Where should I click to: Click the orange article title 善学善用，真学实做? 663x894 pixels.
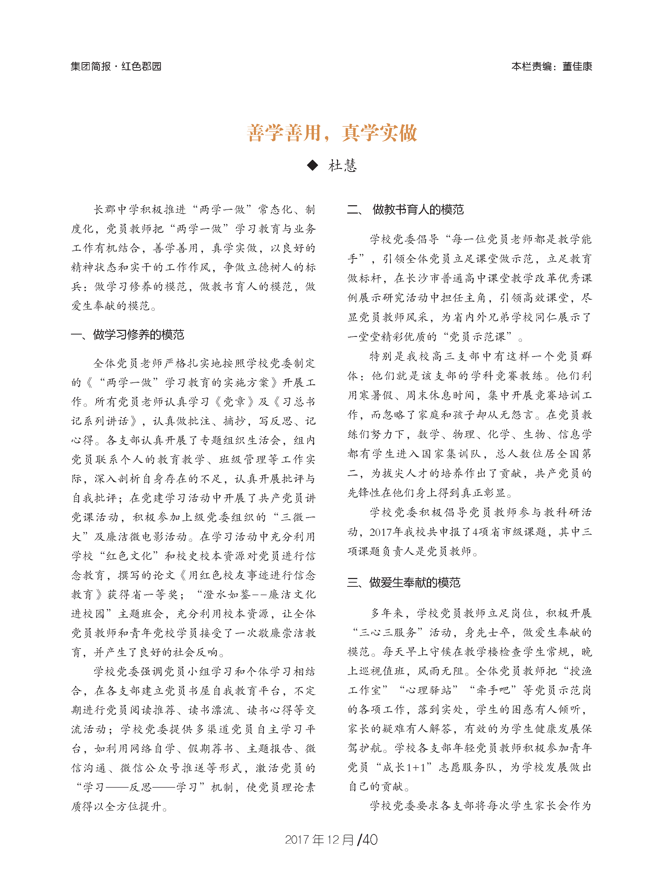click(332, 133)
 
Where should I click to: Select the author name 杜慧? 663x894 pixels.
click(342, 165)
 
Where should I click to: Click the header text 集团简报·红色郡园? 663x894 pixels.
click(116, 66)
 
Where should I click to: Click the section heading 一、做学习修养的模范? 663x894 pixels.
click(127, 335)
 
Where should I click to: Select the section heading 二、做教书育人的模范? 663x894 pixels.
click(405, 209)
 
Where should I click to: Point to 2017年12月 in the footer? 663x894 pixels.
click(319, 839)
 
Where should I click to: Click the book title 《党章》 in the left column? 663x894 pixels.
click(234, 402)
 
